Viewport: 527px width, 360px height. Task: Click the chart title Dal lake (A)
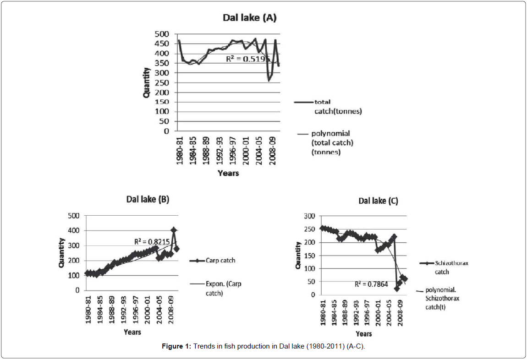249,18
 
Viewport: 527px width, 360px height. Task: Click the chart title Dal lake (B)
148,200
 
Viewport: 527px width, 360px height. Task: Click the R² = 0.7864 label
371,284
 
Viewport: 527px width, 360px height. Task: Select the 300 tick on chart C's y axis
310,216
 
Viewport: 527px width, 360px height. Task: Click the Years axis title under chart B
132,332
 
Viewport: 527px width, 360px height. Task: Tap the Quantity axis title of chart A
147,82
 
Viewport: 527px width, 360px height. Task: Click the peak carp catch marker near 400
174,230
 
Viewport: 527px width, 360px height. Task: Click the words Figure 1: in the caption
176,346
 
